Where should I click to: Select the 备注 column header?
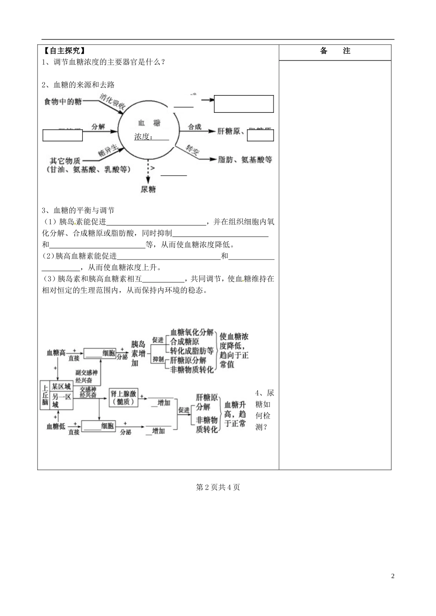(x=335, y=51)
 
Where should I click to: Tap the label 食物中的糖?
(x=63, y=102)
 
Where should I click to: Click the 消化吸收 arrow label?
(x=112, y=104)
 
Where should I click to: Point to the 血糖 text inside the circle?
(x=149, y=123)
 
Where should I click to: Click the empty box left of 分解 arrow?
(x=62, y=135)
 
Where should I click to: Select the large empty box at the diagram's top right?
(x=244, y=104)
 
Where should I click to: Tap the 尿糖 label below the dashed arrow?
(x=148, y=189)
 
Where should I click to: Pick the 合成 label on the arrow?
(x=195, y=127)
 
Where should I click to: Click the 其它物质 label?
(x=65, y=160)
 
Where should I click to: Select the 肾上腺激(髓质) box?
(x=123, y=397)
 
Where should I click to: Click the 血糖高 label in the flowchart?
(x=56, y=352)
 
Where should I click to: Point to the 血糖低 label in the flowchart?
(x=56, y=426)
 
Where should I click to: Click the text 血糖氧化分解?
(x=192, y=332)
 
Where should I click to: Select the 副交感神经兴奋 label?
(x=84, y=376)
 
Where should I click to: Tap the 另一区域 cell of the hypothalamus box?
(x=61, y=400)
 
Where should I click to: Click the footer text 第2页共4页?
(x=218, y=487)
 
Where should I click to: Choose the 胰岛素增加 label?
(x=138, y=353)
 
